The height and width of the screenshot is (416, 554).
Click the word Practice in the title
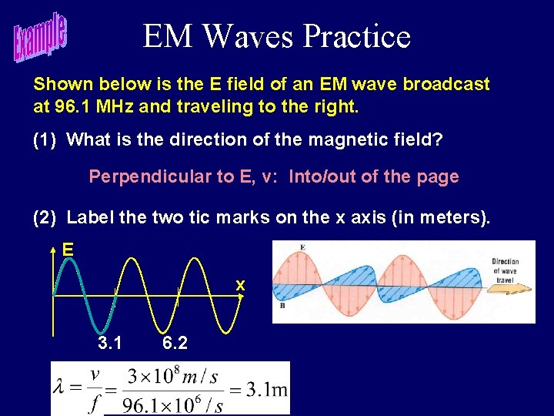click(357, 36)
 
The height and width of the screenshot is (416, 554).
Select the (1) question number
click(45, 139)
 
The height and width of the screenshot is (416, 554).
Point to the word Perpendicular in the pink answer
click(145, 176)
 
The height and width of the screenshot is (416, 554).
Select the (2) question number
click(45, 217)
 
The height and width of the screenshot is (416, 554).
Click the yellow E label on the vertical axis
click(68, 250)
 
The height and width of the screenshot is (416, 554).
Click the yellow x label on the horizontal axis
click(240, 285)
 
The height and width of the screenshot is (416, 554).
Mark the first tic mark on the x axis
click(115, 294)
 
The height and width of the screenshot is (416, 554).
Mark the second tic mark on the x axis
click(179, 294)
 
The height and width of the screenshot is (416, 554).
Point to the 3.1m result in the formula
click(267, 388)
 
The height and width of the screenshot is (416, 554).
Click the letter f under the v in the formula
click(94, 403)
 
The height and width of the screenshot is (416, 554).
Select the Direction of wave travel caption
click(505, 270)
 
